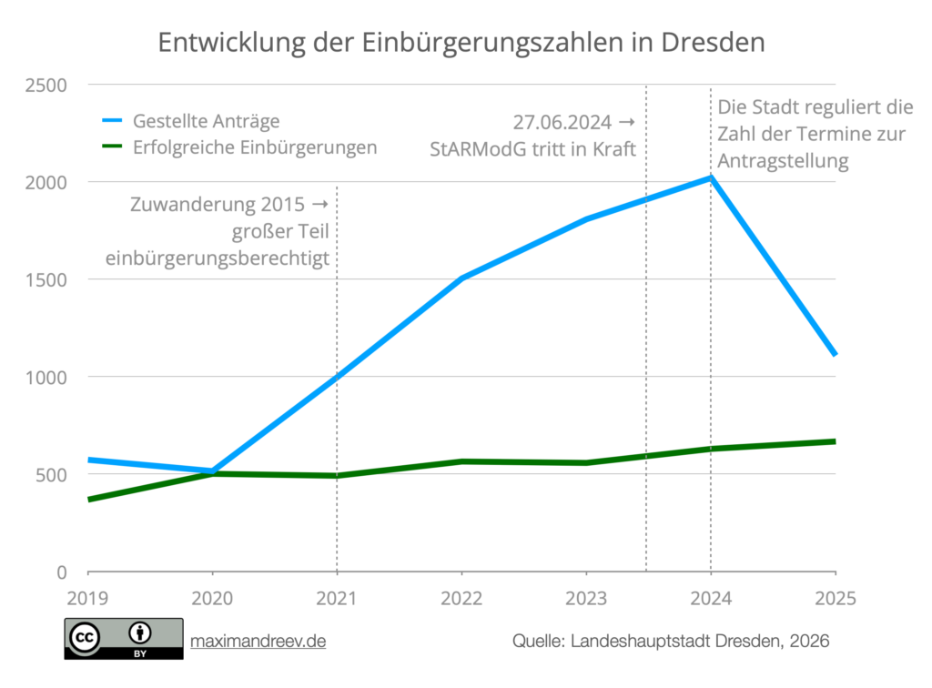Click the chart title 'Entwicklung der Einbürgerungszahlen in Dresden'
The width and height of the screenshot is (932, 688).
461,43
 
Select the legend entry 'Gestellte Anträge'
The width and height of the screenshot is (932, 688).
206,120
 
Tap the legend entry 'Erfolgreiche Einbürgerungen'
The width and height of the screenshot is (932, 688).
255,147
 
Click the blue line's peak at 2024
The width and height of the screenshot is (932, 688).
711,177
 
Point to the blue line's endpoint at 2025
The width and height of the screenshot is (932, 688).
835,355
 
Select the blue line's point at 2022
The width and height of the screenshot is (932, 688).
462,278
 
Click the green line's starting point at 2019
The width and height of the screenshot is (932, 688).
89,500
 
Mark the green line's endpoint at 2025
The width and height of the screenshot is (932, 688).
835,441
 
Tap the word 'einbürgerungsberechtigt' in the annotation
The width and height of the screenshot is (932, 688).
217,258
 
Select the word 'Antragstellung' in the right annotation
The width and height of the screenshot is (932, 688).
783,161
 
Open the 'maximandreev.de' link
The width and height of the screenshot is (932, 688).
258,642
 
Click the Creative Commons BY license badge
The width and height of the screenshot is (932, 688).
123,639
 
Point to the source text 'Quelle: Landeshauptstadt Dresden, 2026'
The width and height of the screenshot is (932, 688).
671,642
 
